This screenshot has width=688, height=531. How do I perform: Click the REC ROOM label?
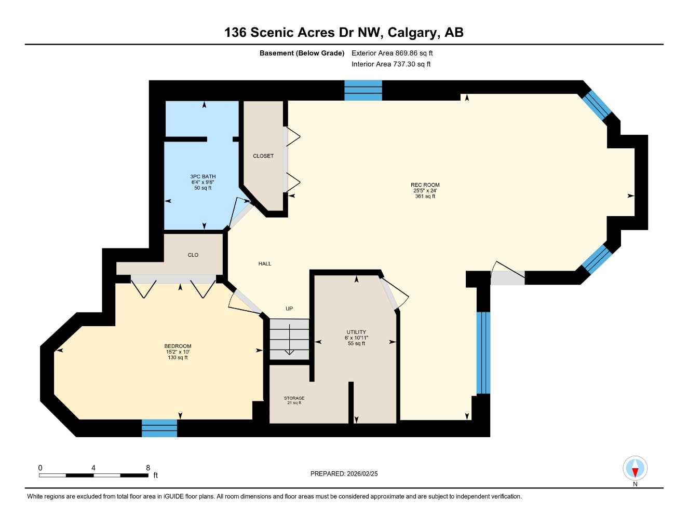(425, 185)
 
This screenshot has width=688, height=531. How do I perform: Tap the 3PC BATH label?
(203, 176)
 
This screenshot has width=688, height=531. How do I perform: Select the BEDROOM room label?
(178, 346)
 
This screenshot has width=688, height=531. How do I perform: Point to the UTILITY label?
(356, 332)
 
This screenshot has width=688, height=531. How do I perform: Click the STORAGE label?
(294, 398)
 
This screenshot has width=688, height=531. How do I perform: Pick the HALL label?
(265, 263)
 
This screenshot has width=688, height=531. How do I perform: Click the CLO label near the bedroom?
(193, 255)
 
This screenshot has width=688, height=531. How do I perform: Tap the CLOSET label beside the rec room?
(263, 156)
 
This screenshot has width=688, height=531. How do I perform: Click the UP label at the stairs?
(289, 309)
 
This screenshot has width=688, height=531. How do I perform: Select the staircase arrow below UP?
(289, 345)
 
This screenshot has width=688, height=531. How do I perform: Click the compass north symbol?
(635, 469)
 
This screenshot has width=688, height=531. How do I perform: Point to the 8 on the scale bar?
(148, 468)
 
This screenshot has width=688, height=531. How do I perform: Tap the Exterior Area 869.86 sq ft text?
(392, 53)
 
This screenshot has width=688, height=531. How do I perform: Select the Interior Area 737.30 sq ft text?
(391, 64)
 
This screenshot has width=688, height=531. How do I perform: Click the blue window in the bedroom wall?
(159, 428)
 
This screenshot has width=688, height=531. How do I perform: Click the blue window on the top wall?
(363, 90)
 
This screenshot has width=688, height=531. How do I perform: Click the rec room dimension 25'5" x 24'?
(425, 190)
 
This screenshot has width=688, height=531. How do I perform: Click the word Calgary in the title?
(412, 32)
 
